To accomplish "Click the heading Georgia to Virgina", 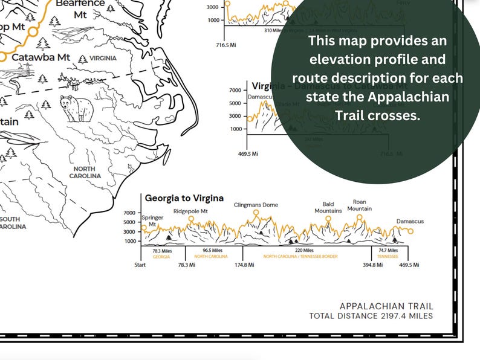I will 184,198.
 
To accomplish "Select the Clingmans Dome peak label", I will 256,205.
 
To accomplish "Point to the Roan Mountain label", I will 359,205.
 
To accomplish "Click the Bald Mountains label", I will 328,207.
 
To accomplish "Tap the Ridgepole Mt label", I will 190,211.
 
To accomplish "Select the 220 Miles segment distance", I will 304,250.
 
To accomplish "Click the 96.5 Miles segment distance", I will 212,250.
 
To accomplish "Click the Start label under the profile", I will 140,265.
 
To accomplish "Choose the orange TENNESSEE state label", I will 388,256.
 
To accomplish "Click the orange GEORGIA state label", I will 161,256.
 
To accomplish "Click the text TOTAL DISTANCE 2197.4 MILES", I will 371,316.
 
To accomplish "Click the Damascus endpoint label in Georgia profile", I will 410,221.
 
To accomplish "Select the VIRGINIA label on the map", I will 103,58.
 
